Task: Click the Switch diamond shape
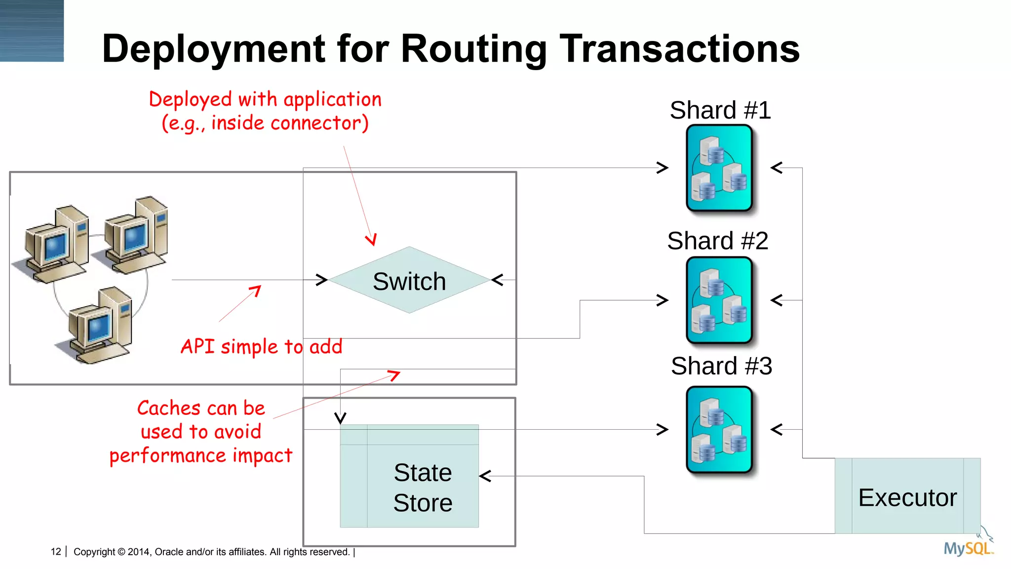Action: click(x=409, y=280)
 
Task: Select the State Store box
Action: click(x=409, y=476)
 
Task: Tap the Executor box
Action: click(x=907, y=496)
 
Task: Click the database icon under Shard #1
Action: click(x=719, y=168)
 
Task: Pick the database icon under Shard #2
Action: click(x=719, y=300)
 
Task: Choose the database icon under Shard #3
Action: click(x=719, y=430)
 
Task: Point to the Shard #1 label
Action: click(x=720, y=110)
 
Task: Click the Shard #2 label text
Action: click(x=718, y=241)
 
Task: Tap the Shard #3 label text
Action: click(x=721, y=366)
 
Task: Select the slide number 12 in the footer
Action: click(x=56, y=552)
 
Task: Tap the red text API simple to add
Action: click(x=261, y=347)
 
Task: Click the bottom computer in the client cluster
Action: click(x=99, y=326)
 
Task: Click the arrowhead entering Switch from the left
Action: click(x=321, y=280)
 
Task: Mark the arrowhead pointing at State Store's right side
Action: click(x=485, y=476)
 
